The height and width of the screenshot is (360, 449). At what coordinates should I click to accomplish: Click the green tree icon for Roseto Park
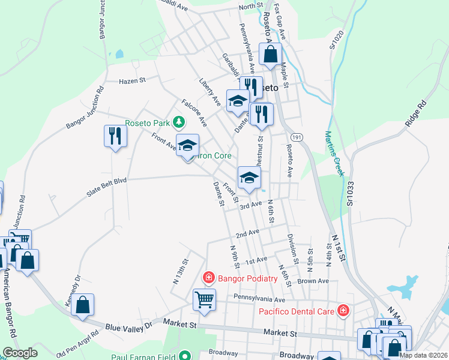pyautogui.click(x=178, y=123)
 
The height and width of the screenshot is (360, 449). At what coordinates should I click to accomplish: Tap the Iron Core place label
pyautogui.click(x=214, y=156)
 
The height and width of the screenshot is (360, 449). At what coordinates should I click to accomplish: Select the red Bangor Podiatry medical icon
pyautogui.click(x=208, y=278)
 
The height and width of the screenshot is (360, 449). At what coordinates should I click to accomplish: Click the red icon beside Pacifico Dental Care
pyautogui.click(x=343, y=310)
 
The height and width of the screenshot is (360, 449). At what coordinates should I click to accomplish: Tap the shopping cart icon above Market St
pyautogui.click(x=204, y=299)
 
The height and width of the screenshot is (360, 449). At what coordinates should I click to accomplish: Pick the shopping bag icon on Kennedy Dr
pyautogui.click(x=83, y=304)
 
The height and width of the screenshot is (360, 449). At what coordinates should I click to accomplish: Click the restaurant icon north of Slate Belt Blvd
pyautogui.click(x=115, y=136)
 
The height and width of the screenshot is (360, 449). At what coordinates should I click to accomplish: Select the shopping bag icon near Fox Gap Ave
pyautogui.click(x=271, y=53)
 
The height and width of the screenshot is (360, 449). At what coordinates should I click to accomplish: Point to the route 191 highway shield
pyautogui.click(x=298, y=137)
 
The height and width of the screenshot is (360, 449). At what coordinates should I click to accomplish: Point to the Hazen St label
pyautogui.click(x=133, y=80)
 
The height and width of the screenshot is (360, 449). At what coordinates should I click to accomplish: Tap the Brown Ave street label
pyautogui.click(x=313, y=281)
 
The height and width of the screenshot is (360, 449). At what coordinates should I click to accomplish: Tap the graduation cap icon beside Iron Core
pyautogui.click(x=187, y=145)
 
